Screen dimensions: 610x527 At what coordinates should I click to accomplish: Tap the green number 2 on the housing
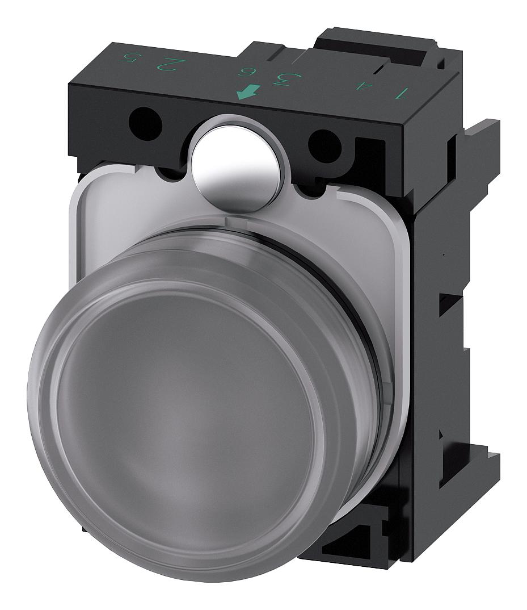(165, 63)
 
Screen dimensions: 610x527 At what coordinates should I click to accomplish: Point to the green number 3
(281, 78)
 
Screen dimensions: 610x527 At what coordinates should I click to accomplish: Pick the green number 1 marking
(403, 91)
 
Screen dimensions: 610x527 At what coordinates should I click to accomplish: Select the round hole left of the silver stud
(145, 123)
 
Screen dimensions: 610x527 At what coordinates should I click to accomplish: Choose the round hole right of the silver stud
(324, 146)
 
